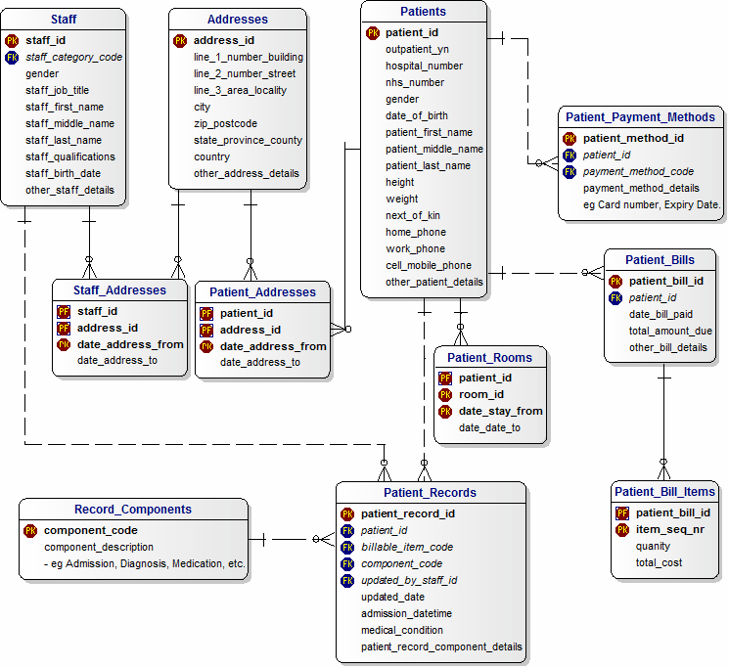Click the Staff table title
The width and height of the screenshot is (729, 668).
64,19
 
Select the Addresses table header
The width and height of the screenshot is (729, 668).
237,19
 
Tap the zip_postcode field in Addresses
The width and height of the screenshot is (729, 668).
225,123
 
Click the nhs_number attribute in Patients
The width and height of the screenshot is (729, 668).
415,82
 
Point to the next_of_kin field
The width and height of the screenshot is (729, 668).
413,215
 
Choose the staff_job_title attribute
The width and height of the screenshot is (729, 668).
57,90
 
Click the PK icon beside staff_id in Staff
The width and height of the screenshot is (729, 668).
12,40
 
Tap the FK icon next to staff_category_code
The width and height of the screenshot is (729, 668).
12,57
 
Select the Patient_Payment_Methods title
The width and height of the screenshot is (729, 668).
640,116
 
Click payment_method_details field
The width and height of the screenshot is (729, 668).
641,188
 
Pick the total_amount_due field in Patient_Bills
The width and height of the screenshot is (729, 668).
670,331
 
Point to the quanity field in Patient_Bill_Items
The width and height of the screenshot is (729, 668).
653,546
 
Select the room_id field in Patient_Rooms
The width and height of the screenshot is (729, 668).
480,394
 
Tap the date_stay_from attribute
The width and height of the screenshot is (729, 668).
500,411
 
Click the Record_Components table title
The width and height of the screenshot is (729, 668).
133,509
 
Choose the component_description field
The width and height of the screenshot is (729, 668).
99,547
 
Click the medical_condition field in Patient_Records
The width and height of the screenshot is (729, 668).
402,630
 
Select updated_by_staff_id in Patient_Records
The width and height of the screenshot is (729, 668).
409,580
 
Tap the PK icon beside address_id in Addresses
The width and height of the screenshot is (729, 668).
180,40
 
